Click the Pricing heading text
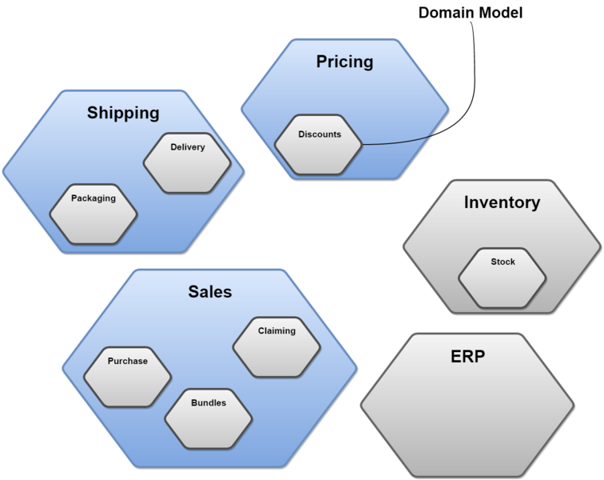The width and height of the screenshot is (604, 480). coord(344,62)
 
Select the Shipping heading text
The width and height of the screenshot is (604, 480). coord(123,113)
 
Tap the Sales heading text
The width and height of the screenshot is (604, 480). coord(210,291)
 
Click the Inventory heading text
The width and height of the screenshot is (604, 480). coord(502,202)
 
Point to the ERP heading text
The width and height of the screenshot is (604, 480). coord(467,356)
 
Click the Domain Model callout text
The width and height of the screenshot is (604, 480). coord(471,13)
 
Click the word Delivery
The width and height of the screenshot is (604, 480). coord(188,147)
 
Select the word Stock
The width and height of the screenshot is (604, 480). coord(503,262)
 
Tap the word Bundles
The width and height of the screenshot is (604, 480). coord(209,402)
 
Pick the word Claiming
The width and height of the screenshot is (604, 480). coord(276,330)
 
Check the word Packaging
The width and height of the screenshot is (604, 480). coord(93,198)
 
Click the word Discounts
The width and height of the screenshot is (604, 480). coord(320,134)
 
